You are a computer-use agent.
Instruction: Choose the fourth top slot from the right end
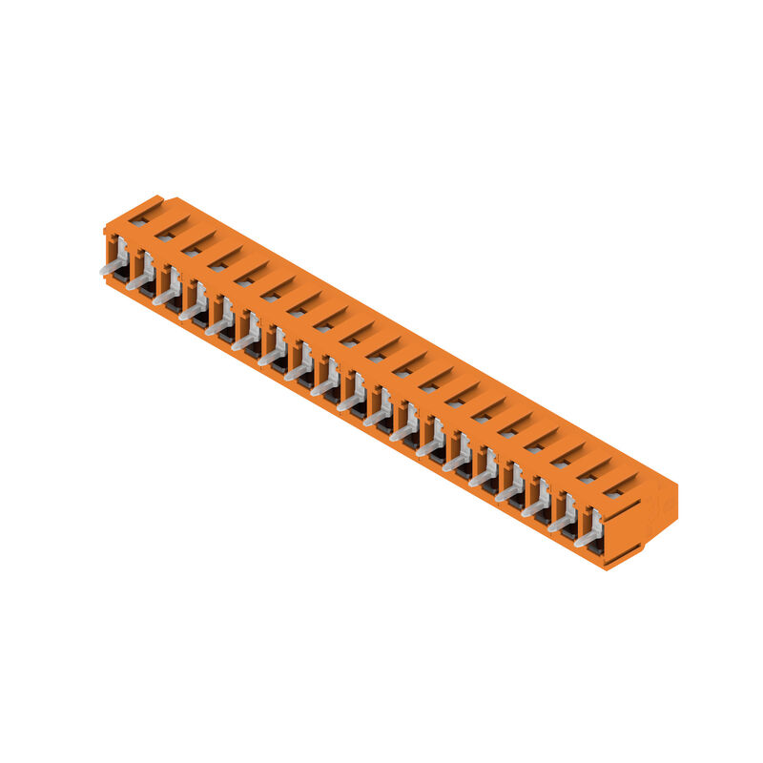[535, 448]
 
